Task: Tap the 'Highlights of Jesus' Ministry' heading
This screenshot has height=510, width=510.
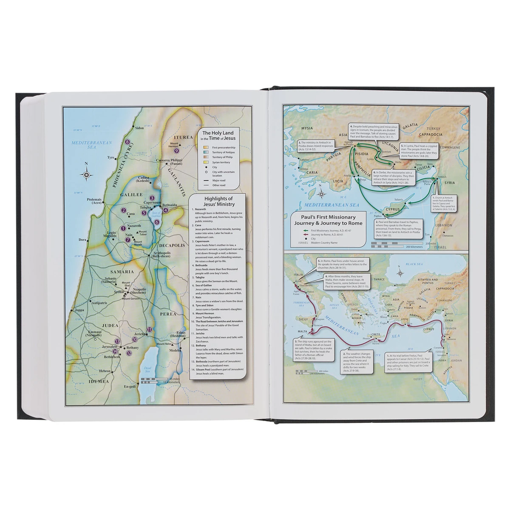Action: tap(218, 201)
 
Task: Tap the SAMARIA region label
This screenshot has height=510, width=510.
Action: tap(122, 272)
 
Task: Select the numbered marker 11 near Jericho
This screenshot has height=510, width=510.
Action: tap(149, 329)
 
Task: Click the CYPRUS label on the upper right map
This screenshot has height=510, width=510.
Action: tap(394, 210)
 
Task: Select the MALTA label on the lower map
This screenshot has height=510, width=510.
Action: tap(302, 331)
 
